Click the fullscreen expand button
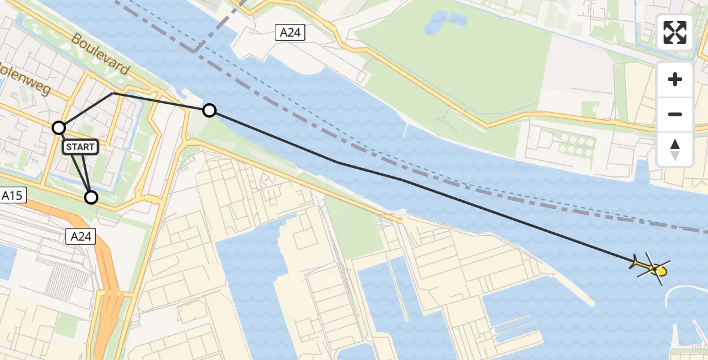click(675, 32)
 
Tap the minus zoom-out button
click(675, 114)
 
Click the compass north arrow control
click(675, 149)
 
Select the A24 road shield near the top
click(290, 32)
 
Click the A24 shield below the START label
click(80, 236)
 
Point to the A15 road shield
click(13, 195)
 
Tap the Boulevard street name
click(100, 55)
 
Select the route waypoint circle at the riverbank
click(209, 110)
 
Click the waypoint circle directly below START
click(91, 197)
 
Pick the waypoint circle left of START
click(59, 127)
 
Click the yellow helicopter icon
click(651, 268)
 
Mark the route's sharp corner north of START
click(113, 94)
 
